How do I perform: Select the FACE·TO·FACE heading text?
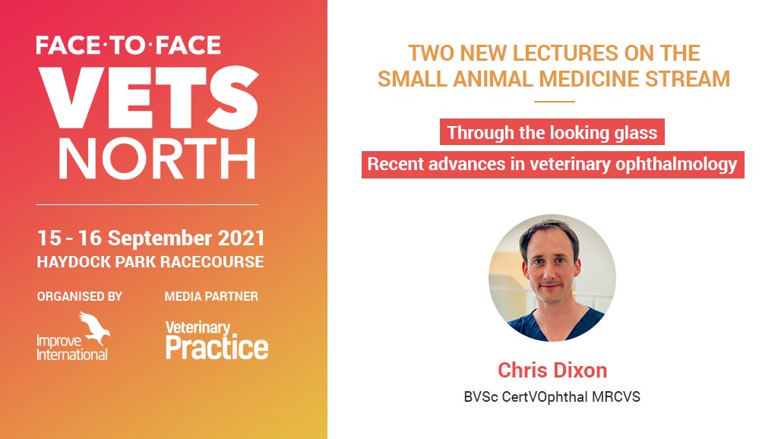pyautogui.click(x=128, y=45)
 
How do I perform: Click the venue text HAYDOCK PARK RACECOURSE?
pyautogui.click(x=150, y=262)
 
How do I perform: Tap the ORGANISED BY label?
pyautogui.click(x=79, y=296)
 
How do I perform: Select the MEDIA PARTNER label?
pyautogui.click(x=211, y=296)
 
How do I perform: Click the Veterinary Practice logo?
pyautogui.click(x=217, y=340)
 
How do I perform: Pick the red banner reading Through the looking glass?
pyautogui.click(x=552, y=133)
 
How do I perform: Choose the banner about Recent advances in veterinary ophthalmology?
pyautogui.click(x=552, y=164)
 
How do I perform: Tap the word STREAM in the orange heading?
pyautogui.click(x=687, y=78)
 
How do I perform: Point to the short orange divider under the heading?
pyautogui.click(x=554, y=102)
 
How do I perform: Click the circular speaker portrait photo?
pyautogui.click(x=552, y=277)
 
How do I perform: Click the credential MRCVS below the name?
pyautogui.click(x=614, y=396)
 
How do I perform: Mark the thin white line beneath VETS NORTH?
pyautogui.click(x=147, y=204)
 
